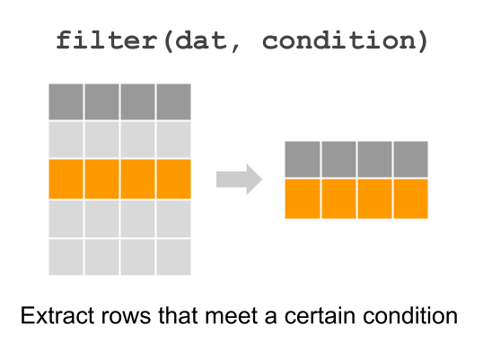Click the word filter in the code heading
coord(106,40)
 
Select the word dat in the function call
coord(200,40)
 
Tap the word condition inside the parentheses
coord(338,40)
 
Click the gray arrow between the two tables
coord(239,180)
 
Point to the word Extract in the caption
coord(57,315)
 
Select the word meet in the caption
coord(232,315)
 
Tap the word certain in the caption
coord(320,315)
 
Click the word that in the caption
coord(178,315)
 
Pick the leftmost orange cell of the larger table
coord(66,179)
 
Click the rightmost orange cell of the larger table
coord(173,179)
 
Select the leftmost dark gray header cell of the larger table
coord(66,101)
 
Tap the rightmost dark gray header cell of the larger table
coord(173,101)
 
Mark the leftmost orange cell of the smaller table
coord(303,198)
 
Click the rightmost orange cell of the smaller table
coord(410,198)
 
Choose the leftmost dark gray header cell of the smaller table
coord(303,159)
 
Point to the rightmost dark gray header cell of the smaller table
coord(410,159)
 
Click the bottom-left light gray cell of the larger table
coord(66,257)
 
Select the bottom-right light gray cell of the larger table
coord(173,257)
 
